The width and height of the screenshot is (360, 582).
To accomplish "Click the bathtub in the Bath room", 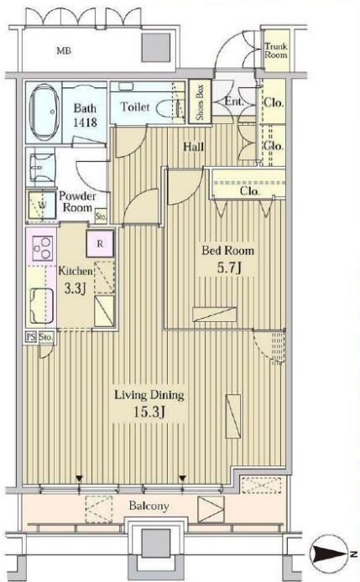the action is tap(43, 112).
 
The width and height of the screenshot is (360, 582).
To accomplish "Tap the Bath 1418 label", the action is tap(85, 115).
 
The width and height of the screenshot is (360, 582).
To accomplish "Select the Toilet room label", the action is tap(135, 107).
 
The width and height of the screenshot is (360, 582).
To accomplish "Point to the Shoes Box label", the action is tap(200, 101).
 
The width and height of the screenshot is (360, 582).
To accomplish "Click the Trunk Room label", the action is tap(276, 50).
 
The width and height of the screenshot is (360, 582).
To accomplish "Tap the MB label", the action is tap(64, 50).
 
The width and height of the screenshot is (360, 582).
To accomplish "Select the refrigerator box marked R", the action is tap(100, 243).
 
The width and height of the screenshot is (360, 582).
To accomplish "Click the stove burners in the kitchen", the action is tap(42, 248).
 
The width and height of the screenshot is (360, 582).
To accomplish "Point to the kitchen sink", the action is tap(42, 306).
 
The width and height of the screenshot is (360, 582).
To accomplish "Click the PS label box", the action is tap(31, 337).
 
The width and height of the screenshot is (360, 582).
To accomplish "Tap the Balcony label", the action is tap(149, 506).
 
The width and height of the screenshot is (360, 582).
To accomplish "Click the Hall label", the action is tap(194, 147).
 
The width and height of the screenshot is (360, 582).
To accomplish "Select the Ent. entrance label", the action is tap(233, 101).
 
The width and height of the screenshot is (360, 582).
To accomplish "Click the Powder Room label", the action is tap(77, 201).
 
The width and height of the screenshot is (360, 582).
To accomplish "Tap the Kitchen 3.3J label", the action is tap(76, 279).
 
